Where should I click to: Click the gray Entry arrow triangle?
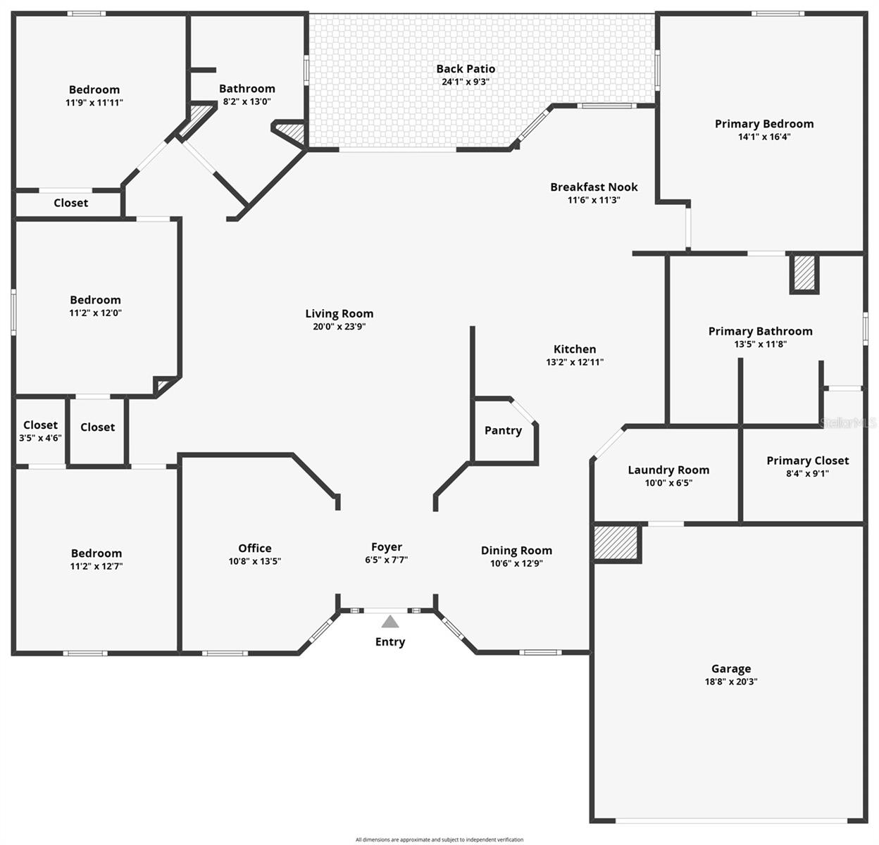point(390,622)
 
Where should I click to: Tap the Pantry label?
point(503,430)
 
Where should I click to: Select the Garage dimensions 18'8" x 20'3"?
point(730,682)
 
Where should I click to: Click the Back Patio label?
point(466,68)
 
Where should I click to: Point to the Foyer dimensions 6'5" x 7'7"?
point(386,560)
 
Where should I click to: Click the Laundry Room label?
point(668,470)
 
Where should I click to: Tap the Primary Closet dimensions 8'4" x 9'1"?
point(807,473)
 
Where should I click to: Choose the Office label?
point(255,548)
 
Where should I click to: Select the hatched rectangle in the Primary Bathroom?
point(804,273)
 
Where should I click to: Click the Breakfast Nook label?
point(594,187)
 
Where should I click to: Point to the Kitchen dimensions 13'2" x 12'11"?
point(575,362)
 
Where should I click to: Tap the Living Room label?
point(339,313)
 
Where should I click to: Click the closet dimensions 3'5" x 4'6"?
point(40,437)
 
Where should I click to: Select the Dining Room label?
point(516,551)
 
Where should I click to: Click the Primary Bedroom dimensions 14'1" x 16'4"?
point(764,137)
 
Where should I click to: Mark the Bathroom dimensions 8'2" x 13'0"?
point(247,101)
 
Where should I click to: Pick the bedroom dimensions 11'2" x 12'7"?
point(96,566)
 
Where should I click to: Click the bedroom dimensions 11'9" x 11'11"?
point(94,102)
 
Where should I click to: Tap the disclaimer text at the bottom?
point(440,839)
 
